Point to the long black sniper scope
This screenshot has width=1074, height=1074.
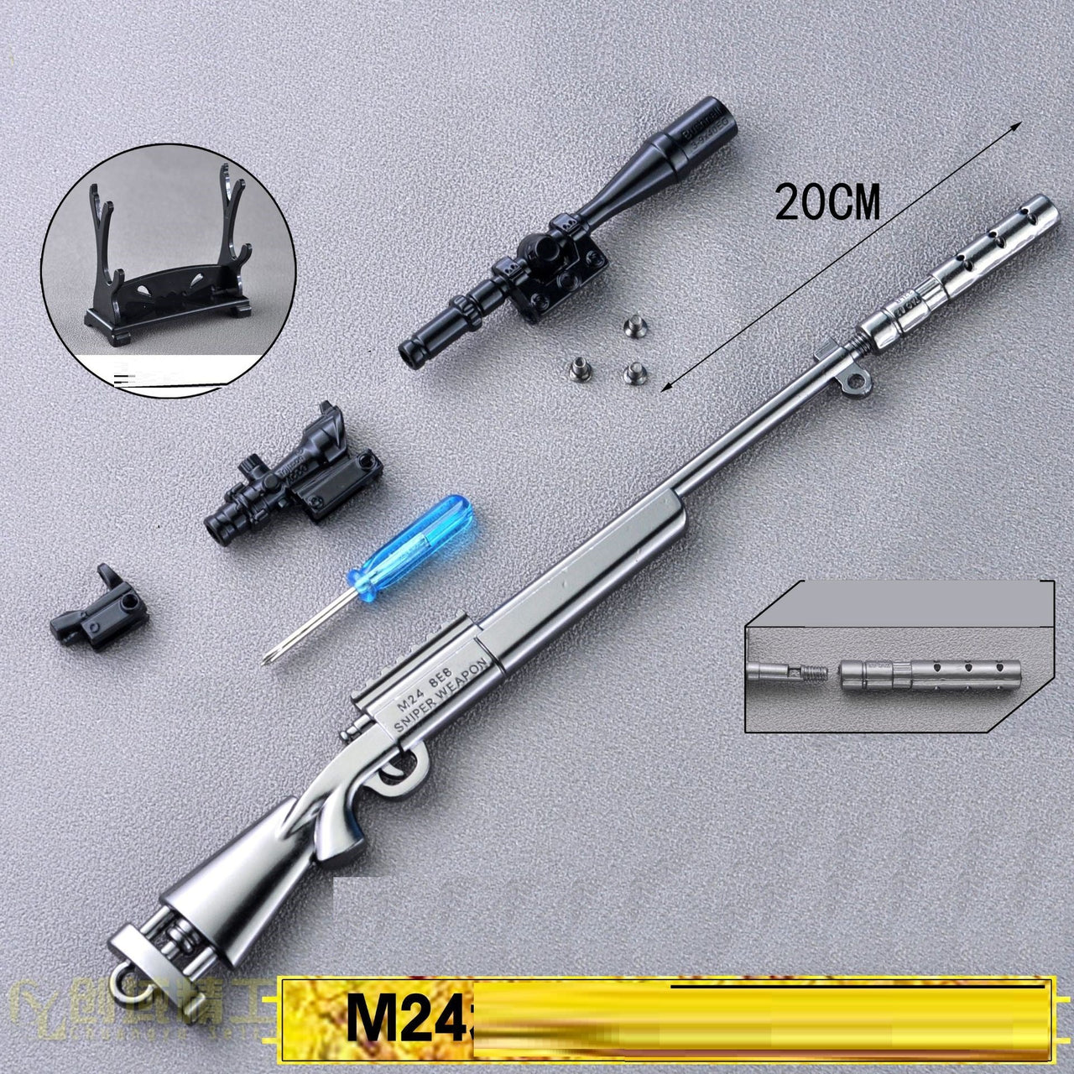coord(571,235)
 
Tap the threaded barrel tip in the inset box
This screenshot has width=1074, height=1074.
coord(809,670)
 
